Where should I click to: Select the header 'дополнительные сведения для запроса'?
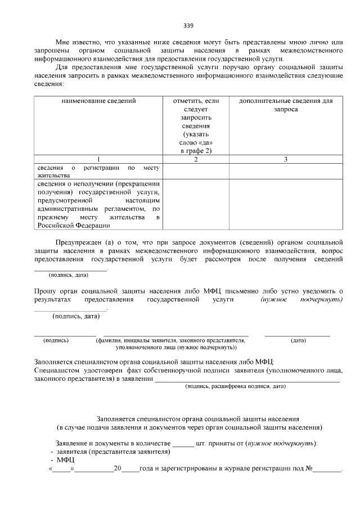click(x=286, y=105)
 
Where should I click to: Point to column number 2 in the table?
click(x=195, y=159)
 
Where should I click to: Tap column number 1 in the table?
click(x=98, y=159)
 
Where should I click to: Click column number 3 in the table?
click(x=286, y=159)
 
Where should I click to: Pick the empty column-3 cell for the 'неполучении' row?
click(x=286, y=205)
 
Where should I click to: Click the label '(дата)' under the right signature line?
click(x=298, y=340)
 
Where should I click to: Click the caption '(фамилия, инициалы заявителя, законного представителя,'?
click(x=170, y=340)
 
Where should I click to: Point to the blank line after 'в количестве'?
click(x=182, y=443)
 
